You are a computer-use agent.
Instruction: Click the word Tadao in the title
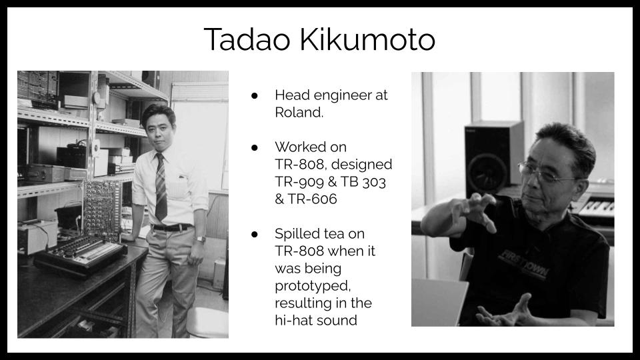(x=247, y=39)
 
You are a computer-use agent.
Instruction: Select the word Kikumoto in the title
(x=368, y=39)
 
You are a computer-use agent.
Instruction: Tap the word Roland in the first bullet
(x=297, y=112)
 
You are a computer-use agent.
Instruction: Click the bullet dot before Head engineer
(x=255, y=95)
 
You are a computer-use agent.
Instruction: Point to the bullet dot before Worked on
(x=255, y=147)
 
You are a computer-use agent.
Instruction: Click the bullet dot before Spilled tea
(x=255, y=234)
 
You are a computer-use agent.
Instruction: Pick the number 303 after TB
(x=373, y=181)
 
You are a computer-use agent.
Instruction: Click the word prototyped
(x=313, y=286)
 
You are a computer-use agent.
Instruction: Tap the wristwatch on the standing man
(x=201, y=240)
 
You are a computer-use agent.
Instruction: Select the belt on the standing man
(x=171, y=228)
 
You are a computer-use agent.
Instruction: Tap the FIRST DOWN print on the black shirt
(x=524, y=264)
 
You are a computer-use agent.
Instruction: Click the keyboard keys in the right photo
(x=596, y=207)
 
